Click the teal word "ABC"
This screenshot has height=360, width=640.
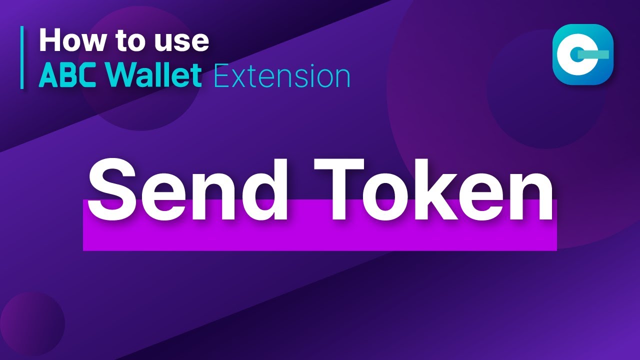[x=69, y=76]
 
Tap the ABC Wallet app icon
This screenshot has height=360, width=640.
[x=582, y=54]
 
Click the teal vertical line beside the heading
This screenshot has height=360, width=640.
[x=22, y=57]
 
